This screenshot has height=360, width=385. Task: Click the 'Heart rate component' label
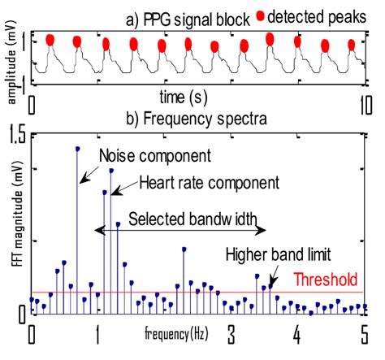point(209,182)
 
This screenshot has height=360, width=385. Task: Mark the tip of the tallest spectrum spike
point(77,149)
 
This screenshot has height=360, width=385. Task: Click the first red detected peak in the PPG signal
point(50,40)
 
